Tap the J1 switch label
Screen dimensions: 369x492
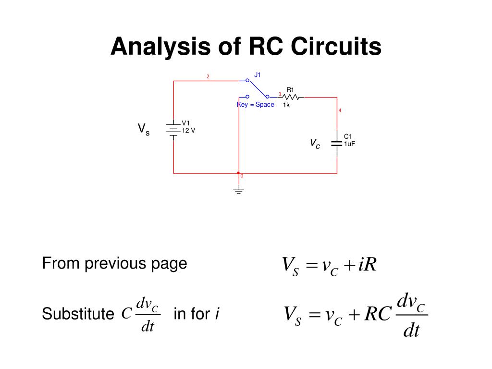coord(258,74)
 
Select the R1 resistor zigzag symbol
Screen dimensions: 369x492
coord(291,97)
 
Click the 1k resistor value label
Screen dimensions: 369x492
coord(286,105)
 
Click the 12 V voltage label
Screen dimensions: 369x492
coord(188,130)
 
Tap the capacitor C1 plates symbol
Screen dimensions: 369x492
coord(336,143)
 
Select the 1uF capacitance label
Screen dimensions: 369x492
coord(349,143)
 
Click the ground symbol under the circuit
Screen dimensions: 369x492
coord(238,191)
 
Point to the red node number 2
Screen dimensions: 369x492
coord(208,76)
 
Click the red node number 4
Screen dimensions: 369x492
coord(340,111)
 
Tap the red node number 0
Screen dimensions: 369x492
coord(242,176)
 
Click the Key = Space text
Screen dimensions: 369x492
coord(256,105)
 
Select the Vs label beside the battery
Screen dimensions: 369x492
coord(143,129)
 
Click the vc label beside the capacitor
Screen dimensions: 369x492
coord(315,143)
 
